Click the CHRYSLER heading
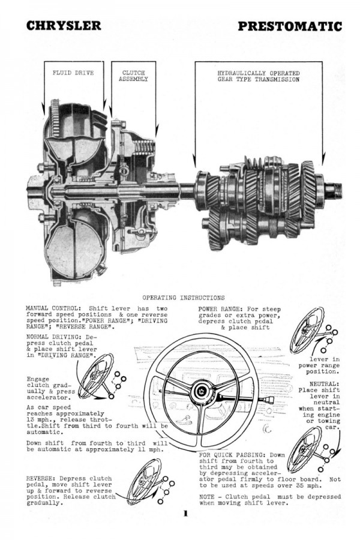[x=64, y=26]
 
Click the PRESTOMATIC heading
[x=290, y=26]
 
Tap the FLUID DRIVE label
[x=68, y=73]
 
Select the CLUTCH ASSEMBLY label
[x=133, y=76]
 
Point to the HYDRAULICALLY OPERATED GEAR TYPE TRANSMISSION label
[x=258, y=76]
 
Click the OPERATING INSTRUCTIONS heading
[x=184, y=297]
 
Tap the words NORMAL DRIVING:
[x=53, y=337]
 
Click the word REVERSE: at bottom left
[x=40, y=478]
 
